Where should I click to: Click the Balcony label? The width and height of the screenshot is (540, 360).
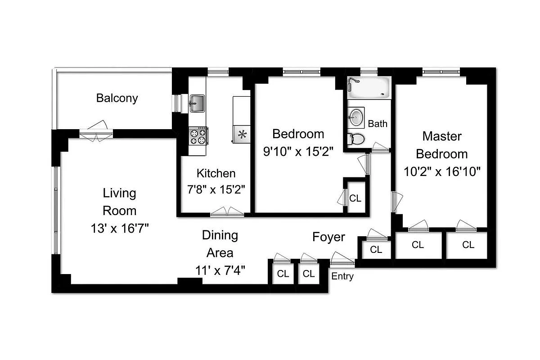click(117, 98)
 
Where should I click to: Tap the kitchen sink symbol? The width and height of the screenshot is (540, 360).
click(197, 103)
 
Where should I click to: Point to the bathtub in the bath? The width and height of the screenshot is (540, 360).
click(369, 88)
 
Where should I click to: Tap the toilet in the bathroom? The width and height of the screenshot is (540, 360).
click(356, 139)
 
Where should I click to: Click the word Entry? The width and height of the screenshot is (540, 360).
click(342, 276)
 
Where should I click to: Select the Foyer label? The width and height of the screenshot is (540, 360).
click(329, 237)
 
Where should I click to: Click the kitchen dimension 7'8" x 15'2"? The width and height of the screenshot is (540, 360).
click(216, 189)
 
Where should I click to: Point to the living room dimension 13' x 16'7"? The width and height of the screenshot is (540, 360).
click(119, 229)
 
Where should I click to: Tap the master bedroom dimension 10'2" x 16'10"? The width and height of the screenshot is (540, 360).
click(442, 171)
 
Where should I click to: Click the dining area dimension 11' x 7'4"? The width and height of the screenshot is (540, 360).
click(220, 270)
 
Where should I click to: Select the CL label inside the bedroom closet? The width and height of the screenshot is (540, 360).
click(355, 198)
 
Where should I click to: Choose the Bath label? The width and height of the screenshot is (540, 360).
click(377, 124)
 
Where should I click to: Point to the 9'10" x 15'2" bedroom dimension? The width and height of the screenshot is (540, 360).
click(298, 152)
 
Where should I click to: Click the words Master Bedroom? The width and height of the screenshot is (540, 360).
click(442, 145)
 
